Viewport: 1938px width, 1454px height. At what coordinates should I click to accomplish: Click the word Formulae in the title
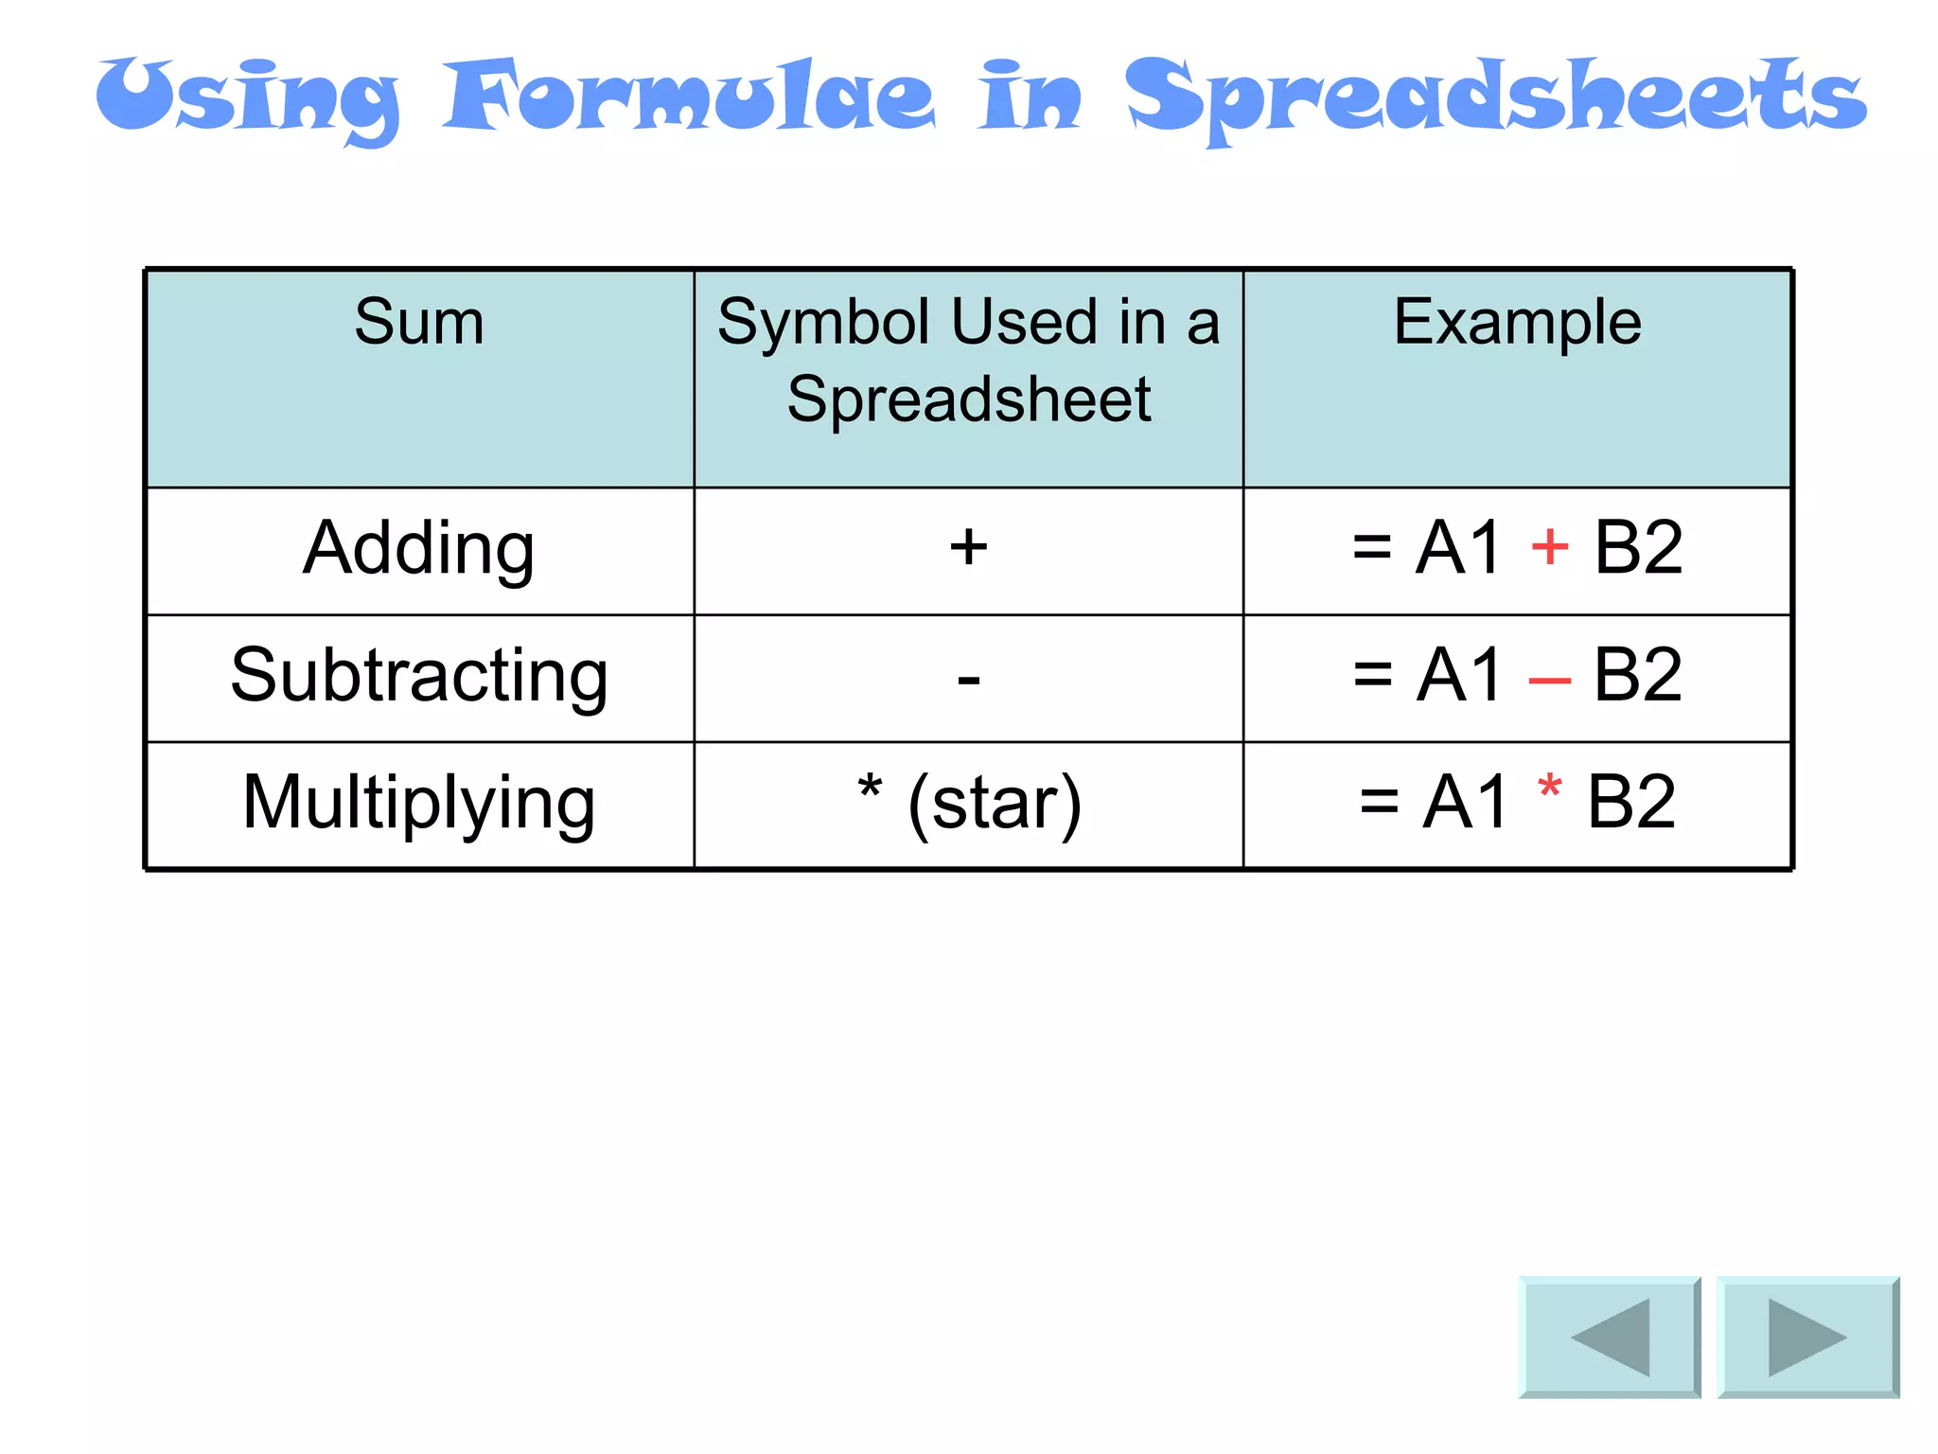click(689, 97)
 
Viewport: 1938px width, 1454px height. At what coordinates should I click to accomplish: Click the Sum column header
click(419, 322)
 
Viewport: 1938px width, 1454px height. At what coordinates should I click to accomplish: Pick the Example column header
click(1517, 322)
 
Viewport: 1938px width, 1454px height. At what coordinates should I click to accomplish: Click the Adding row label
click(419, 549)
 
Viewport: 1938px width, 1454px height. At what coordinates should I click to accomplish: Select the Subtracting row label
click(419, 676)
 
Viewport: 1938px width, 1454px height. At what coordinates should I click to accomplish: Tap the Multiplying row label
click(419, 803)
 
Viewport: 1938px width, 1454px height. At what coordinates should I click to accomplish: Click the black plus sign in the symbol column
click(968, 547)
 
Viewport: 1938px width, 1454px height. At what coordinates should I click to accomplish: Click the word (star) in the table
click(994, 803)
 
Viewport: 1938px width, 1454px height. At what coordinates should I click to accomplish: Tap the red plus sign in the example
click(1549, 546)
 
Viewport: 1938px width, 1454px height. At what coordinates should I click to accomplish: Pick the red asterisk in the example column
click(1549, 788)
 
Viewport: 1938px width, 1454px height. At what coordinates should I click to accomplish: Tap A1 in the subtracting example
click(1458, 675)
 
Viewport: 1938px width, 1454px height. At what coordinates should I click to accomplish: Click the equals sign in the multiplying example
click(1379, 803)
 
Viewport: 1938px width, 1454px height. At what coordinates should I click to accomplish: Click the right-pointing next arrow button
click(1807, 1337)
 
